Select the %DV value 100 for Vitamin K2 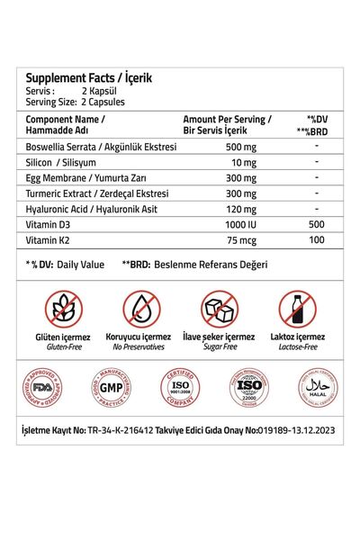click(x=317, y=239)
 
